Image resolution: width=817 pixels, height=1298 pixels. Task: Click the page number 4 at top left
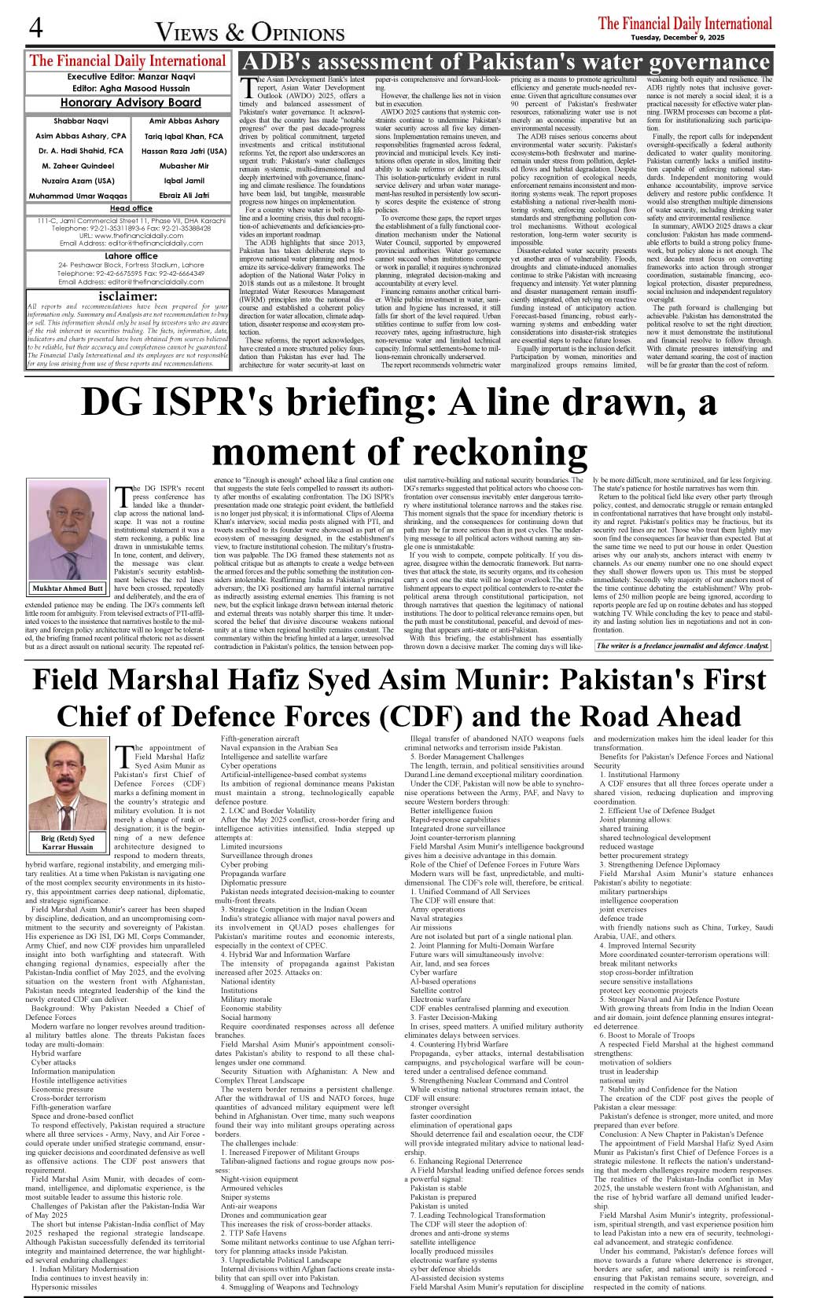click(x=35, y=28)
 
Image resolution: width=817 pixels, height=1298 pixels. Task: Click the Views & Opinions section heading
click(x=250, y=32)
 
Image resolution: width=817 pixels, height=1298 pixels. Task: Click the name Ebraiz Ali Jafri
click(x=184, y=195)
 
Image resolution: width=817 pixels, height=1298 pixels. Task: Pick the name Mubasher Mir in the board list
click(x=184, y=166)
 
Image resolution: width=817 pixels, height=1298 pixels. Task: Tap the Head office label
click(x=131, y=208)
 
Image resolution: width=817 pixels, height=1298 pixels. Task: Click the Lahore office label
click(x=131, y=256)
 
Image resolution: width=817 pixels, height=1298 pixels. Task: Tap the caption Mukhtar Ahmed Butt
click(x=68, y=588)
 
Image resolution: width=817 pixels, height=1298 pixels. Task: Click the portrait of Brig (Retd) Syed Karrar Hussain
click(x=68, y=785)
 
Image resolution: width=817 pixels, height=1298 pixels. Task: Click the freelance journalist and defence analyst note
click(x=682, y=646)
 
